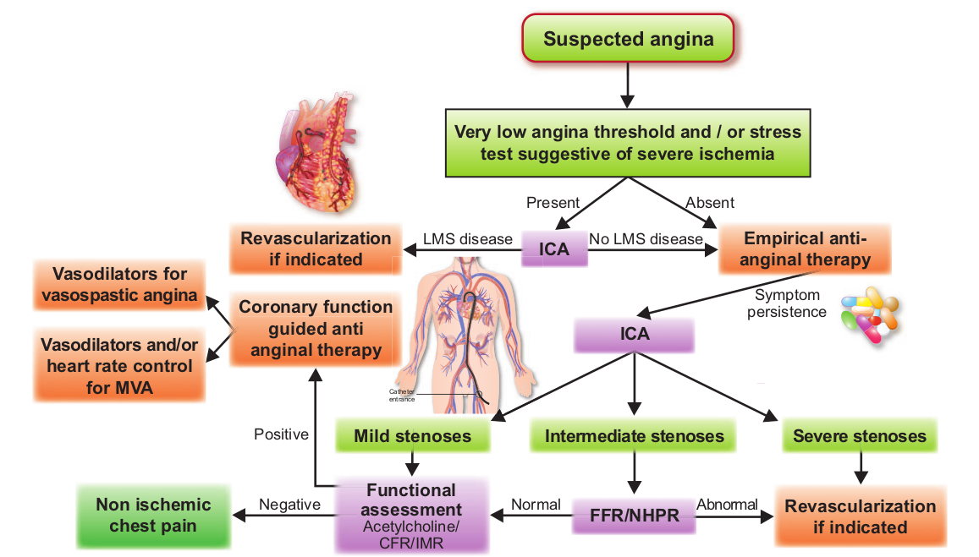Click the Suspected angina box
[628, 39]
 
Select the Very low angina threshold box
[628, 143]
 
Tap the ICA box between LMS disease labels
[554, 248]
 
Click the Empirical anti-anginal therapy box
[805, 248]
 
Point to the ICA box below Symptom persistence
[635, 335]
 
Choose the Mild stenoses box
[413, 435]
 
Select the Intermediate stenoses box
[634, 435]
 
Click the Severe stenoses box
[860, 435]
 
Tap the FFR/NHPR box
[635, 516]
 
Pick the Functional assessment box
[411, 516]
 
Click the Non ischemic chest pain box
[154, 516]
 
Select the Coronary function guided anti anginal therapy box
[316, 328]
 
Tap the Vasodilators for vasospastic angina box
[119, 285]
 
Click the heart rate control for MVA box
[119, 365]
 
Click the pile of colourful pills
[870, 315]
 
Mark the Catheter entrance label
[401, 396]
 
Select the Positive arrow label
[281, 434]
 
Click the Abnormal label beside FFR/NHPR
[728, 504]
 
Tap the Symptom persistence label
[787, 303]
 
